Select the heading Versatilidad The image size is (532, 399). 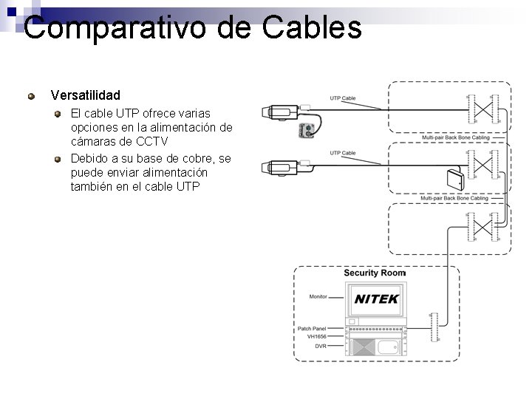click(85, 95)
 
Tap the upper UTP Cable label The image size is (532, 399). click(342, 98)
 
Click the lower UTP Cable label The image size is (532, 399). click(342, 153)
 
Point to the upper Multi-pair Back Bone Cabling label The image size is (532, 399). click(454, 137)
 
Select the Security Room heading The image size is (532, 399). click(375, 273)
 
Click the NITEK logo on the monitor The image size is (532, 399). click(377, 299)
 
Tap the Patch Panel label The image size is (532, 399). click(311, 328)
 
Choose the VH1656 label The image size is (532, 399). click(316, 336)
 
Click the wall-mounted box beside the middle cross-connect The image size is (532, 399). click(453, 179)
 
